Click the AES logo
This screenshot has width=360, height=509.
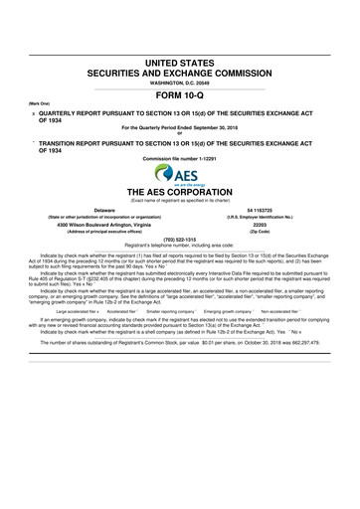click(x=179, y=172)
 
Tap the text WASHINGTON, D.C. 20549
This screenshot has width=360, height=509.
click(x=179, y=84)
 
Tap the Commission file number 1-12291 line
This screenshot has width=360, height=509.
click(x=179, y=159)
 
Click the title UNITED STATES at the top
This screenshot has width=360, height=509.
click(x=179, y=63)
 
